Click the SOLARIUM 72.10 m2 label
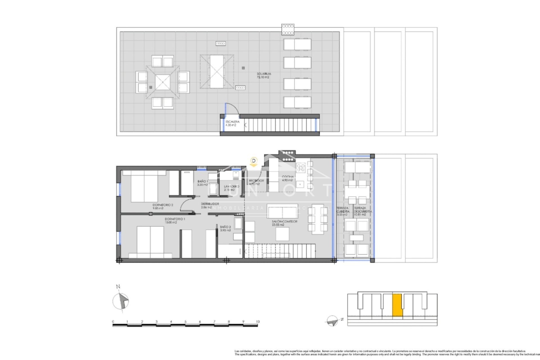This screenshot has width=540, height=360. pyautogui.click(x=264, y=75)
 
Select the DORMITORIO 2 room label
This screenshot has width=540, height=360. pyautogui.click(x=163, y=207)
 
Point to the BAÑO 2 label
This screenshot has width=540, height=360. pyautogui.click(x=226, y=228)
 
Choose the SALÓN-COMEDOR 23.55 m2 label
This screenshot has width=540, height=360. pyautogui.click(x=284, y=223)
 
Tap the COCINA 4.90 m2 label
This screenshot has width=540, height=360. pyautogui.click(x=287, y=178)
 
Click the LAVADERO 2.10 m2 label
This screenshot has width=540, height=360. pyautogui.click(x=231, y=188)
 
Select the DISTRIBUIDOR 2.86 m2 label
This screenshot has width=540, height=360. pyautogui.click(x=210, y=205)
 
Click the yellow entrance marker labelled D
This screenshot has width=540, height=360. pyautogui.click(x=254, y=161)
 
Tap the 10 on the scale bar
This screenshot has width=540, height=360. pyautogui.click(x=258, y=321)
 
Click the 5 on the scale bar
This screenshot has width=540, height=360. pyautogui.click(x=185, y=321)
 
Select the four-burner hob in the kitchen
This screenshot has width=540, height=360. pyautogui.click(x=301, y=168)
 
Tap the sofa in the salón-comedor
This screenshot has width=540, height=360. pyautogui.click(x=282, y=210)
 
